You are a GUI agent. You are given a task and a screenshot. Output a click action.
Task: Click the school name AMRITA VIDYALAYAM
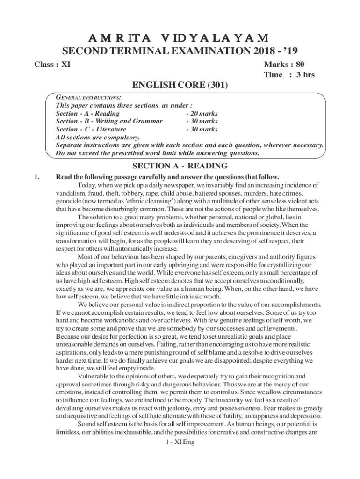coord(180,37)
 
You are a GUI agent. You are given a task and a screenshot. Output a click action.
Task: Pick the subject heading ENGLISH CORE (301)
coord(180,86)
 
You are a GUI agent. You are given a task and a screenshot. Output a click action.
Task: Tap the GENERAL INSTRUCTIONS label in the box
coord(88,97)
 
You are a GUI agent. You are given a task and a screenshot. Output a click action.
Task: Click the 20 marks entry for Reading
coord(202,114)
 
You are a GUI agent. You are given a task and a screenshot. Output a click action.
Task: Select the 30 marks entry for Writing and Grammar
coord(202,122)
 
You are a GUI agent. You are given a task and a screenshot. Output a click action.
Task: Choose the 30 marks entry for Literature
coord(202,130)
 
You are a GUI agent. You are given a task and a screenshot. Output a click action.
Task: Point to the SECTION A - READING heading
coord(180,166)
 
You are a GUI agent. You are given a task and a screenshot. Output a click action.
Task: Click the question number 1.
coord(31,177)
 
